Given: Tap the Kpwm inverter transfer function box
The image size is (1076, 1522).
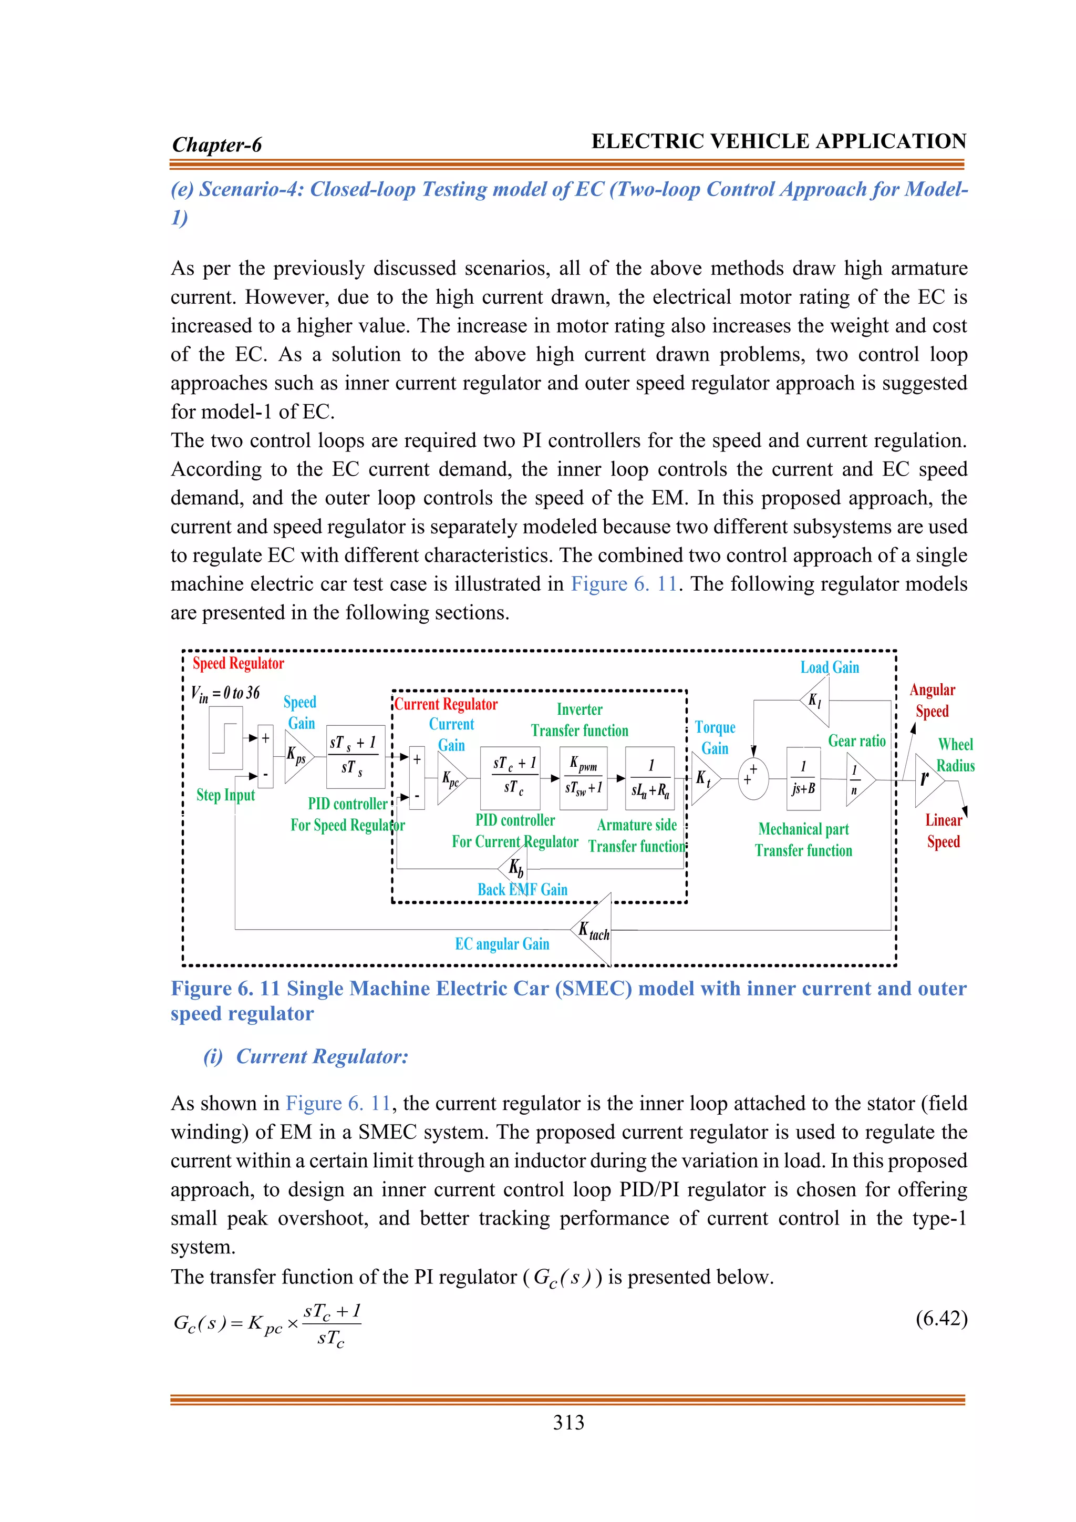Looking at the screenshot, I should pos(583,778).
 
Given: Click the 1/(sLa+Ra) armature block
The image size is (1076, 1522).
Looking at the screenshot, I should pos(650,778).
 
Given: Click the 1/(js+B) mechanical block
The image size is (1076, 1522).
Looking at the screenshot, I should pos(803,778).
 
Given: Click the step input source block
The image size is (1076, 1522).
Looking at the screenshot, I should pos(225,738).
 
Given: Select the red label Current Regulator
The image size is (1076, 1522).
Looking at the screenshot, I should pos(446,704).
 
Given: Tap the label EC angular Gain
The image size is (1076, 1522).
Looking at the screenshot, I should pos(502,944).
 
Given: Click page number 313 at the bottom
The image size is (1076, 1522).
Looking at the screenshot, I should pos(568,1423).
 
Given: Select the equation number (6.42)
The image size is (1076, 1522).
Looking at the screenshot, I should pos(941,1319).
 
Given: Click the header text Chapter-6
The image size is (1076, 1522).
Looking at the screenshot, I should pos(216,145).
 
